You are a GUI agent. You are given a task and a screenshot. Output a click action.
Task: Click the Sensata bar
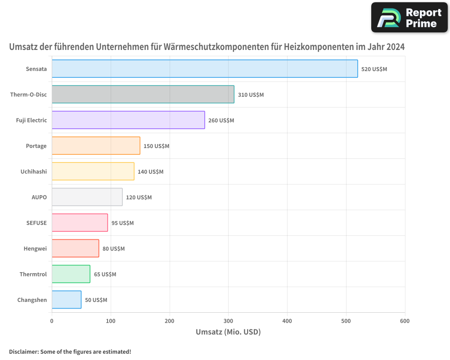205,69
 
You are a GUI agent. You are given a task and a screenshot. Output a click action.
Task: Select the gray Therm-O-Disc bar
143,94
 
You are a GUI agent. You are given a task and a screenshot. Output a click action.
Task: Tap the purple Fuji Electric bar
128,120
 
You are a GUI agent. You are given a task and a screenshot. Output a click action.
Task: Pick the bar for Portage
96,146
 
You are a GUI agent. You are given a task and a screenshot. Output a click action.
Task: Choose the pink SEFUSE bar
80,223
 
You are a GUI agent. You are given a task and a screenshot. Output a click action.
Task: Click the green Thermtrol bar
71,274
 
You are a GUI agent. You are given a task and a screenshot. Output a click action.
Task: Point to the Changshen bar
67,300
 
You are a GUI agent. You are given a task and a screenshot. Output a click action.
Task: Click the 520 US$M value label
374,69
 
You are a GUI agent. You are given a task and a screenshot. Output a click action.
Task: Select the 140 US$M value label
150,172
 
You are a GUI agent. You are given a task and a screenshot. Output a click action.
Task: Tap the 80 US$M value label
113,249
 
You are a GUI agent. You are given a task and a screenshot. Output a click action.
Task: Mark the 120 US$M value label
139,198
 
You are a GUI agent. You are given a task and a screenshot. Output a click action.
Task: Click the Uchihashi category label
33,171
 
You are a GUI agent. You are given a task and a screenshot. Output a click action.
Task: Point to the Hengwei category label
35,248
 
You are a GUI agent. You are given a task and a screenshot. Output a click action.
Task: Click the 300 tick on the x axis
228,321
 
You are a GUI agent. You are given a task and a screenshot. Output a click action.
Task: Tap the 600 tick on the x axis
405,321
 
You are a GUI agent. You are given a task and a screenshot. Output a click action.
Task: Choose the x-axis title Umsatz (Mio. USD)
228,332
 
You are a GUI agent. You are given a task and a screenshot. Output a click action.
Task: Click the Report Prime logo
409,18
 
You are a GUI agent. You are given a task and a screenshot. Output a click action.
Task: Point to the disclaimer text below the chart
70,351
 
